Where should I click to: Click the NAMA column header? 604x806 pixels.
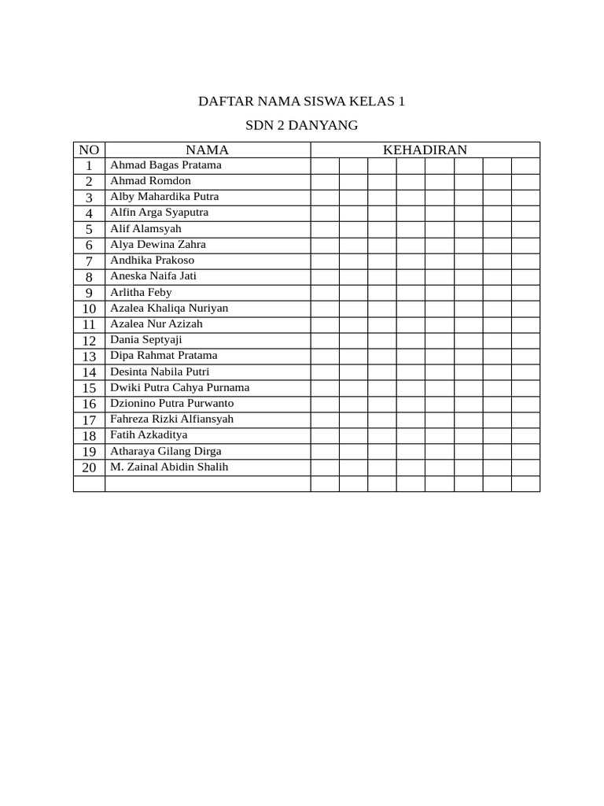pyautogui.click(x=207, y=150)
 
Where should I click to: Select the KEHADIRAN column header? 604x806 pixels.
pyautogui.click(x=425, y=150)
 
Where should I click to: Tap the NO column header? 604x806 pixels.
pyautogui.click(x=89, y=150)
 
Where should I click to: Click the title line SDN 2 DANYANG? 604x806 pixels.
pyautogui.click(x=301, y=125)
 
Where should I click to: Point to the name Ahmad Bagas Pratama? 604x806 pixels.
pyautogui.click(x=165, y=165)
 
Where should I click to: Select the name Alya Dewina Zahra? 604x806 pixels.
pyautogui.click(x=157, y=245)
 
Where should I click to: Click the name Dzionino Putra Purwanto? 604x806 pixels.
pyautogui.click(x=171, y=403)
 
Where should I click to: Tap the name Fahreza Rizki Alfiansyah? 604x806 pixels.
pyautogui.click(x=171, y=419)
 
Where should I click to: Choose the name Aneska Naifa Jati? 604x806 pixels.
pyautogui.click(x=153, y=276)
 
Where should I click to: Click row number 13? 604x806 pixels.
pyautogui.click(x=89, y=356)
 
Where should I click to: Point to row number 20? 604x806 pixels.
pyautogui.click(x=89, y=468)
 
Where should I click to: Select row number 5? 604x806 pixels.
pyautogui.click(x=89, y=229)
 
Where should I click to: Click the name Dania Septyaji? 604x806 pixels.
pyautogui.click(x=145, y=340)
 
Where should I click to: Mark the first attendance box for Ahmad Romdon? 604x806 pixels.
pyautogui.click(x=325, y=181)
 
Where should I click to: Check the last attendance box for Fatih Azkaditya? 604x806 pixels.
pyautogui.click(x=525, y=435)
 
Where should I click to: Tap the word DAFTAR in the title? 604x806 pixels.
pyautogui.click(x=223, y=102)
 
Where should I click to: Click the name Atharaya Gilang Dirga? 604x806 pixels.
pyautogui.click(x=165, y=451)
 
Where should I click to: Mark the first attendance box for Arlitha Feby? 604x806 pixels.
pyautogui.click(x=325, y=292)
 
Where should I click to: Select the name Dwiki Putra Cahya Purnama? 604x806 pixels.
pyautogui.click(x=179, y=387)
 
